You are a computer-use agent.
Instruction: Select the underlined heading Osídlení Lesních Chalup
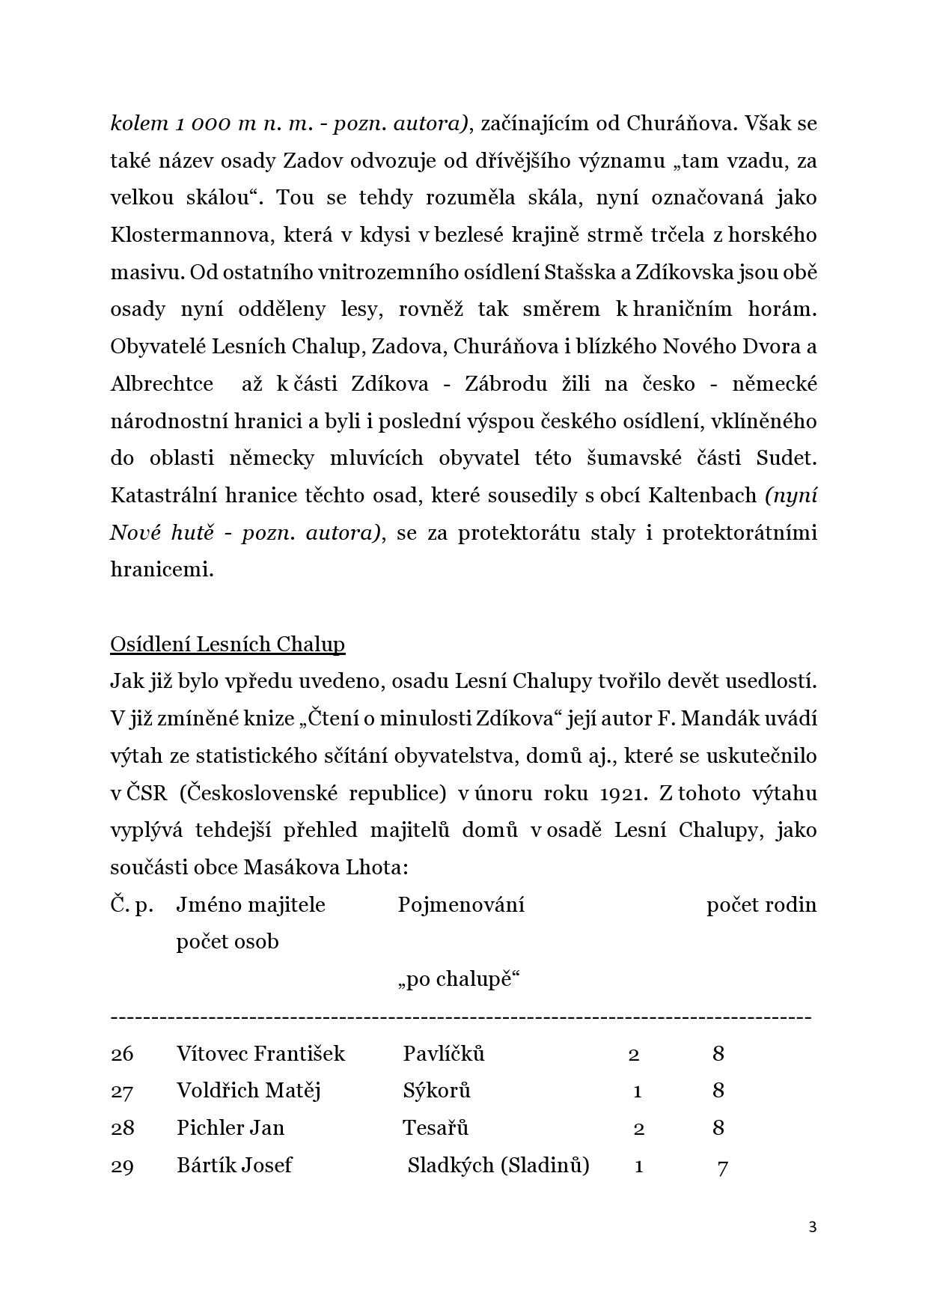pyautogui.click(x=228, y=645)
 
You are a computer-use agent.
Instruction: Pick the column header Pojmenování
pyautogui.click(x=461, y=904)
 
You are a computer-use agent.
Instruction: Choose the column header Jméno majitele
pyautogui.click(x=251, y=904)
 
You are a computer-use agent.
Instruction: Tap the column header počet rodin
pyautogui.click(x=761, y=904)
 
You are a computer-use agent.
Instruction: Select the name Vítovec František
pyautogui.click(x=260, y=1054)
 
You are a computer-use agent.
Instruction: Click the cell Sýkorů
pyautogui.click(x=436, y=1091)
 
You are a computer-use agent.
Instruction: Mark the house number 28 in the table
pyautogui.click(x=122, y=1128)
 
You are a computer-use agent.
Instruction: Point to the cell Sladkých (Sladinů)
pyautogui.click(x=498, y=1165)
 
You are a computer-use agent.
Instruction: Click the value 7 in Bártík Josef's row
pyautogui.click(x=722, y=1166)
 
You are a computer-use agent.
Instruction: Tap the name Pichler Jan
pyautogui.click(x=231, y=1128)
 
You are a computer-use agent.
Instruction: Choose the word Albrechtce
pyautogui.click(x=162, y=384)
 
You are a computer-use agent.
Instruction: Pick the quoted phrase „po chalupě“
pyautogui.click(x=459, y=979)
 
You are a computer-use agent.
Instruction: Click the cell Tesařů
pyautogui.click(x=436, y=1128)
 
